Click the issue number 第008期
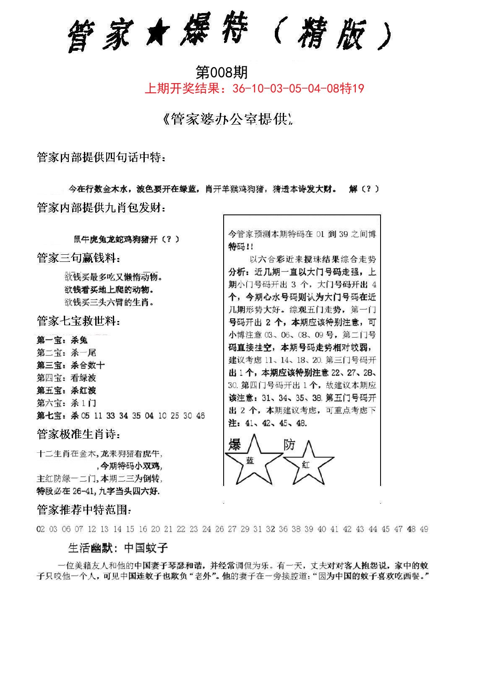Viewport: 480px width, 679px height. (222, 73)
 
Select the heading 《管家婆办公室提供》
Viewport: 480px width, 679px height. (227, 120)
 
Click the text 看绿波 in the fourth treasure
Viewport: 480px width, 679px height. (83, 378)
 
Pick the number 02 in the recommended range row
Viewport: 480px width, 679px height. (41, 529)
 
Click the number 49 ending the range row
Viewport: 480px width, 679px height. (424, 529)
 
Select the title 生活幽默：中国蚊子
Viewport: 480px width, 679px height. (118, 548)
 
